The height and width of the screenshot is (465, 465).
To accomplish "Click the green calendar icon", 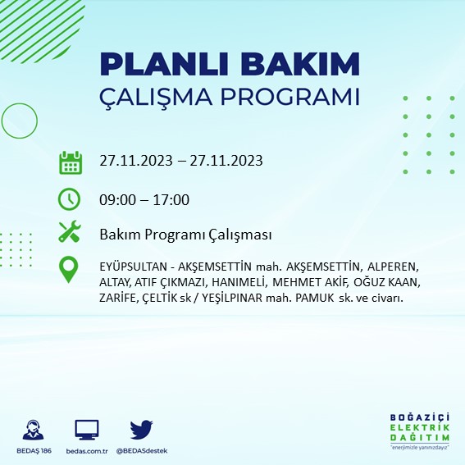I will pyautogui.click(x=70, y=162).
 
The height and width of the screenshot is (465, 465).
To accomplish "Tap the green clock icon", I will pyautogui.click(x=70, y=199).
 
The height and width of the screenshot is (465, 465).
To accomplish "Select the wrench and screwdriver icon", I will pyautogui.click(x=70, y=233).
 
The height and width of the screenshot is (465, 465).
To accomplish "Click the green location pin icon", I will pyautogui.click(x=70, y=270).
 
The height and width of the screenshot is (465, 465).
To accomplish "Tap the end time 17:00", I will pyautogui.click(x=171, y=199).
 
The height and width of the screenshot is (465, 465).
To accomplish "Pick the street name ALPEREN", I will pyautogui.click(x=390, y=267).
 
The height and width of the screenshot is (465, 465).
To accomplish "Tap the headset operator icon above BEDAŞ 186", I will pyautogui.click(x=34, y=430).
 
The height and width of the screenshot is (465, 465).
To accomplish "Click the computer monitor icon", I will pyautogui.click(x=86, y=430).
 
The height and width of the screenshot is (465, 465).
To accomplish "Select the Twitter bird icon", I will pyautogui.click(x=141, y=430).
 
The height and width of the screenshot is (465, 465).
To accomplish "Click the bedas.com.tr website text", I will pyautogui.click(x=86, y=452).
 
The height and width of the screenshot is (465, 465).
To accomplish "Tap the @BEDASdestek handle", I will pyautogui.click(x=142, y=452).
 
